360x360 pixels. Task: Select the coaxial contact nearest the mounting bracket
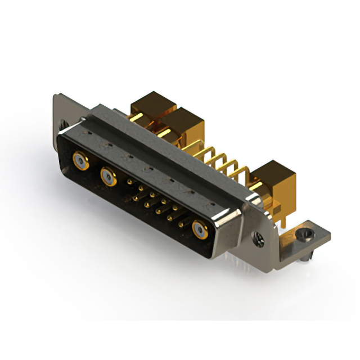click(x=200, y=229)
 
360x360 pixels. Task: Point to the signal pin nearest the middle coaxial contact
click(x=130, y=183)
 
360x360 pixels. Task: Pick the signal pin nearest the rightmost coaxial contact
click(x=181, y=223)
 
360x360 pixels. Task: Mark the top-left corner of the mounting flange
click(x=57, y=97)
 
